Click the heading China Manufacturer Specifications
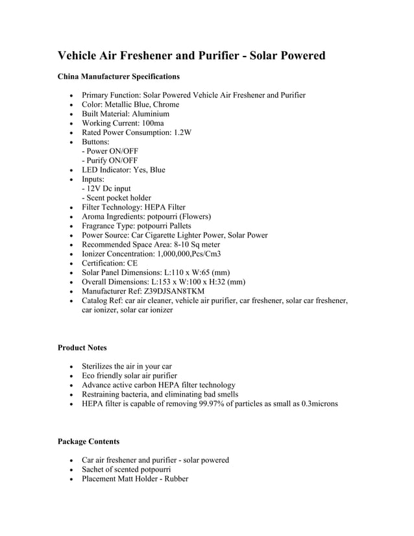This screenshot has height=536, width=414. tap(119, 77)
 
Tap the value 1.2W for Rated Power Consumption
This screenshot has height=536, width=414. tap(182, 132)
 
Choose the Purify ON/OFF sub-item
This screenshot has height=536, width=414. tap(110, 160)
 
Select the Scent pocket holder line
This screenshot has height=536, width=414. tap(116, 198)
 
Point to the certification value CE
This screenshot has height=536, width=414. tap(132, 263)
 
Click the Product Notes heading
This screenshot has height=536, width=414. tap(82, 348)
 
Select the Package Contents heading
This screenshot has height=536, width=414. tap(88, 441)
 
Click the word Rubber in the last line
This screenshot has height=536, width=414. tap(175, 479)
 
